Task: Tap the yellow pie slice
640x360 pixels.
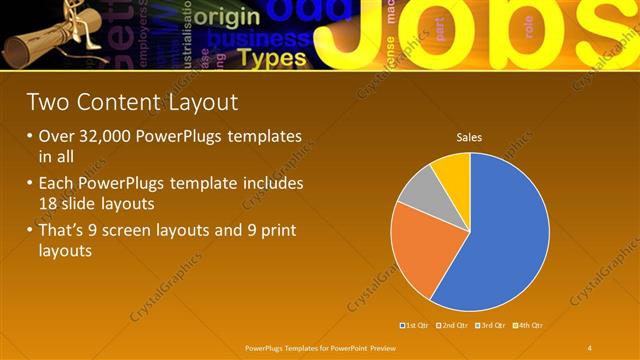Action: (453, 172)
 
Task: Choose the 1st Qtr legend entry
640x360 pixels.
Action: (416, 325)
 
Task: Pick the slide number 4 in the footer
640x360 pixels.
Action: (589, 346)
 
